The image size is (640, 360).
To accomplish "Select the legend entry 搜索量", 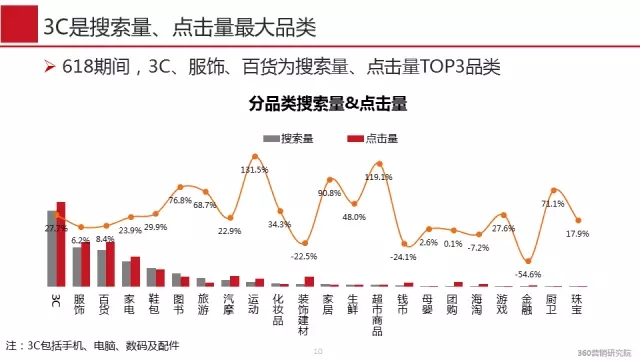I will pyautogui.click(x=290, y=138).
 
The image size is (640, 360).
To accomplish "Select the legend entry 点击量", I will pyautogui.click(x=370, y=138).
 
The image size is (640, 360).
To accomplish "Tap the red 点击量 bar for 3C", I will pyautogui.click(x=61, y=244).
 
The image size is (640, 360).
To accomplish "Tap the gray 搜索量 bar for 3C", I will pyautogui.click(x=52, y=248).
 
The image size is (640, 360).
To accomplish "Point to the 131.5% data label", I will pyautogui.click(x=254, y=170).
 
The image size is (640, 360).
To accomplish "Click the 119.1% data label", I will pyautogui.click(x=377, y=177).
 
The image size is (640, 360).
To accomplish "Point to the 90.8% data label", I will pyautogui.click(x=330, y=193).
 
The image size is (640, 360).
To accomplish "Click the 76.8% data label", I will pyautogui.click(x=180, y=200).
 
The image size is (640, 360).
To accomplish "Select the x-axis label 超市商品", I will pyautogui.click(x=378, y=313).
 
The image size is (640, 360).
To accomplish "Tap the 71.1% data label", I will pyautogui.click(x=553, y=203).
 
